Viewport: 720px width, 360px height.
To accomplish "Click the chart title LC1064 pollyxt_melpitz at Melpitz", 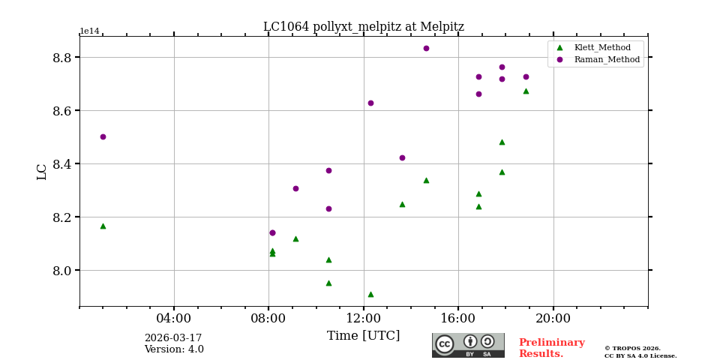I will [363, 27].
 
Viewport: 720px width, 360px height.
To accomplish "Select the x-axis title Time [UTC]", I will [363, 336].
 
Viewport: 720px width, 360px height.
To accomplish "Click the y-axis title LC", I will [42, 172].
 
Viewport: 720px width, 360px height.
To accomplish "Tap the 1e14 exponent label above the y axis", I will [89, 31].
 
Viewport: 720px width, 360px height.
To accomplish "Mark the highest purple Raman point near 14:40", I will [426, 48].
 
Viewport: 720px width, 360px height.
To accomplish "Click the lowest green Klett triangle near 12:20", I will [370, 294].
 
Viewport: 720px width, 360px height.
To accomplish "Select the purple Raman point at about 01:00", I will [103, 136].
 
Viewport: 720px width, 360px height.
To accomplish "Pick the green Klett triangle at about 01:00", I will [103, 226].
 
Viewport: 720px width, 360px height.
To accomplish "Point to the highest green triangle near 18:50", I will [526, 91].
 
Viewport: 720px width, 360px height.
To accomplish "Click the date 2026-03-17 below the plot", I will [173, 338].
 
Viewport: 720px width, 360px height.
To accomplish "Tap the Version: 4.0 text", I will [173, 349].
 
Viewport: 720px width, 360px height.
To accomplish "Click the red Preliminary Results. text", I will [551, 348].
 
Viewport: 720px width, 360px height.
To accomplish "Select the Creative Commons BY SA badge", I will [468, 345].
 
